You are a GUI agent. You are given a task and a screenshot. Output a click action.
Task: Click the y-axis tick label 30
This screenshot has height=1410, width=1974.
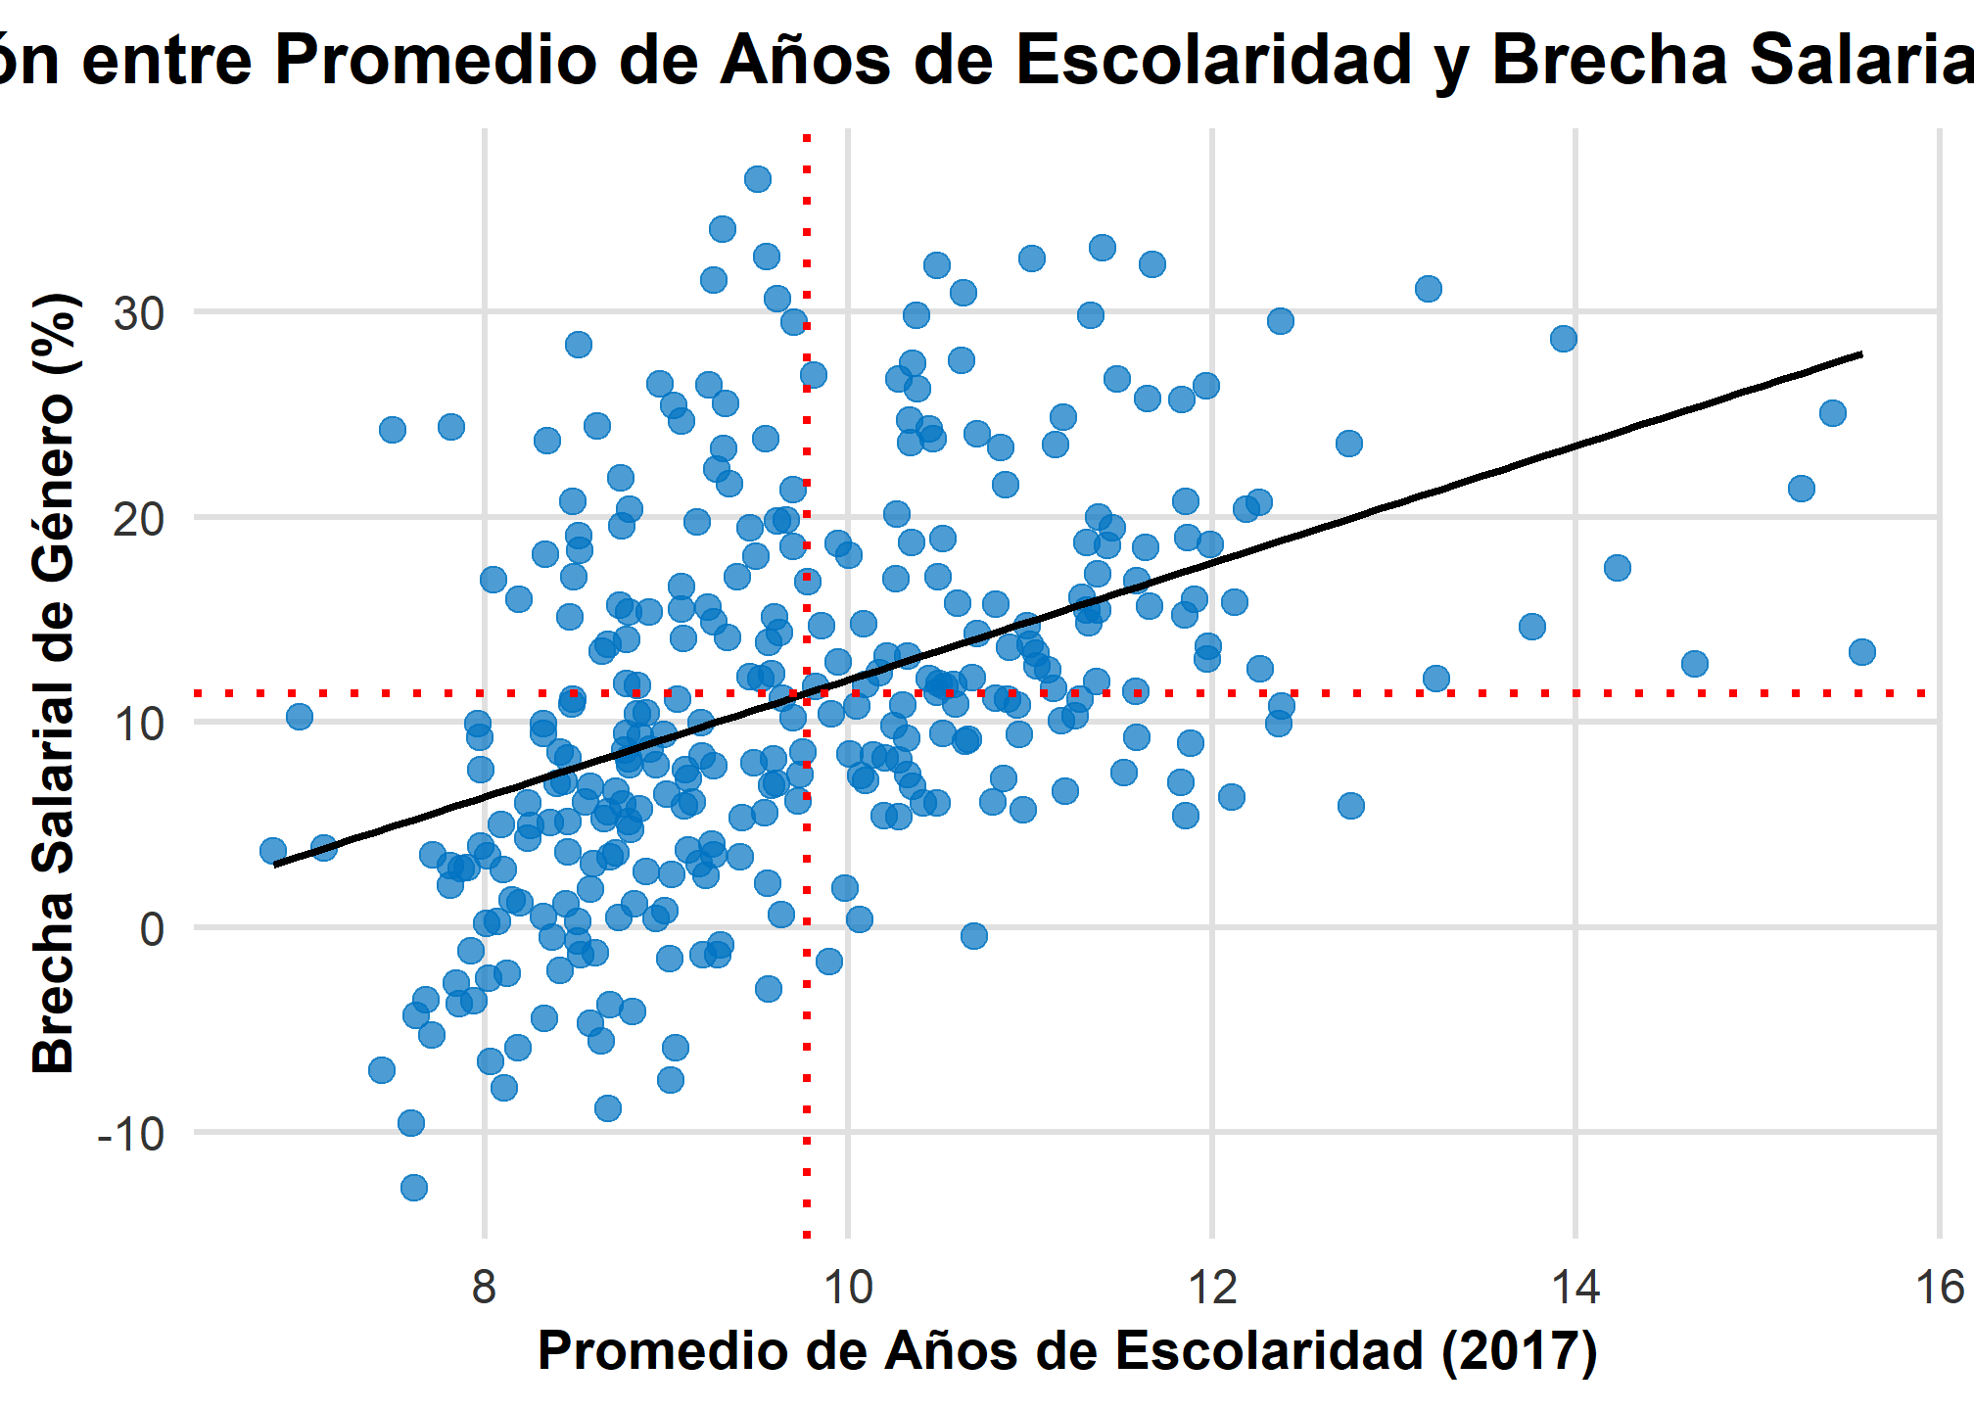(x=139, y=313)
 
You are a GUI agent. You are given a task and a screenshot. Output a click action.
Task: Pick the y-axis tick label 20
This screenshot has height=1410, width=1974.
(x=139, y=518)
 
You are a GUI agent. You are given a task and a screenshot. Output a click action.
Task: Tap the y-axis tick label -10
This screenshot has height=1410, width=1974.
(x=130, y=1134)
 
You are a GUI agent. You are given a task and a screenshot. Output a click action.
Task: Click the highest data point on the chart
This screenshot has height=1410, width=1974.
(x=757, y=179)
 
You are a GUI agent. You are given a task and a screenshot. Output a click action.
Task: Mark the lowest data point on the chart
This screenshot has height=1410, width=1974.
(x=414, y=1188)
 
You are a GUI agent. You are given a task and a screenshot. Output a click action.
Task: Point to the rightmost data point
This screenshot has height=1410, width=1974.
(x=1861, y=652)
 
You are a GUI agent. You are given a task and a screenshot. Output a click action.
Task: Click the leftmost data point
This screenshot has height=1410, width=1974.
(x=273, y=851)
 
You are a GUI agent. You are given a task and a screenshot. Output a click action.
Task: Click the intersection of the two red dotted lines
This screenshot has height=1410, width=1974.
(x=806, y=693)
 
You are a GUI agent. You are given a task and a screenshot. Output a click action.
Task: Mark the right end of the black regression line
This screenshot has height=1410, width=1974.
(x=1861, y=353)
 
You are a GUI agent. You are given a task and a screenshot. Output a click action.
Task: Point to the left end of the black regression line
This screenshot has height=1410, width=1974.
(x=275, y=865)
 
